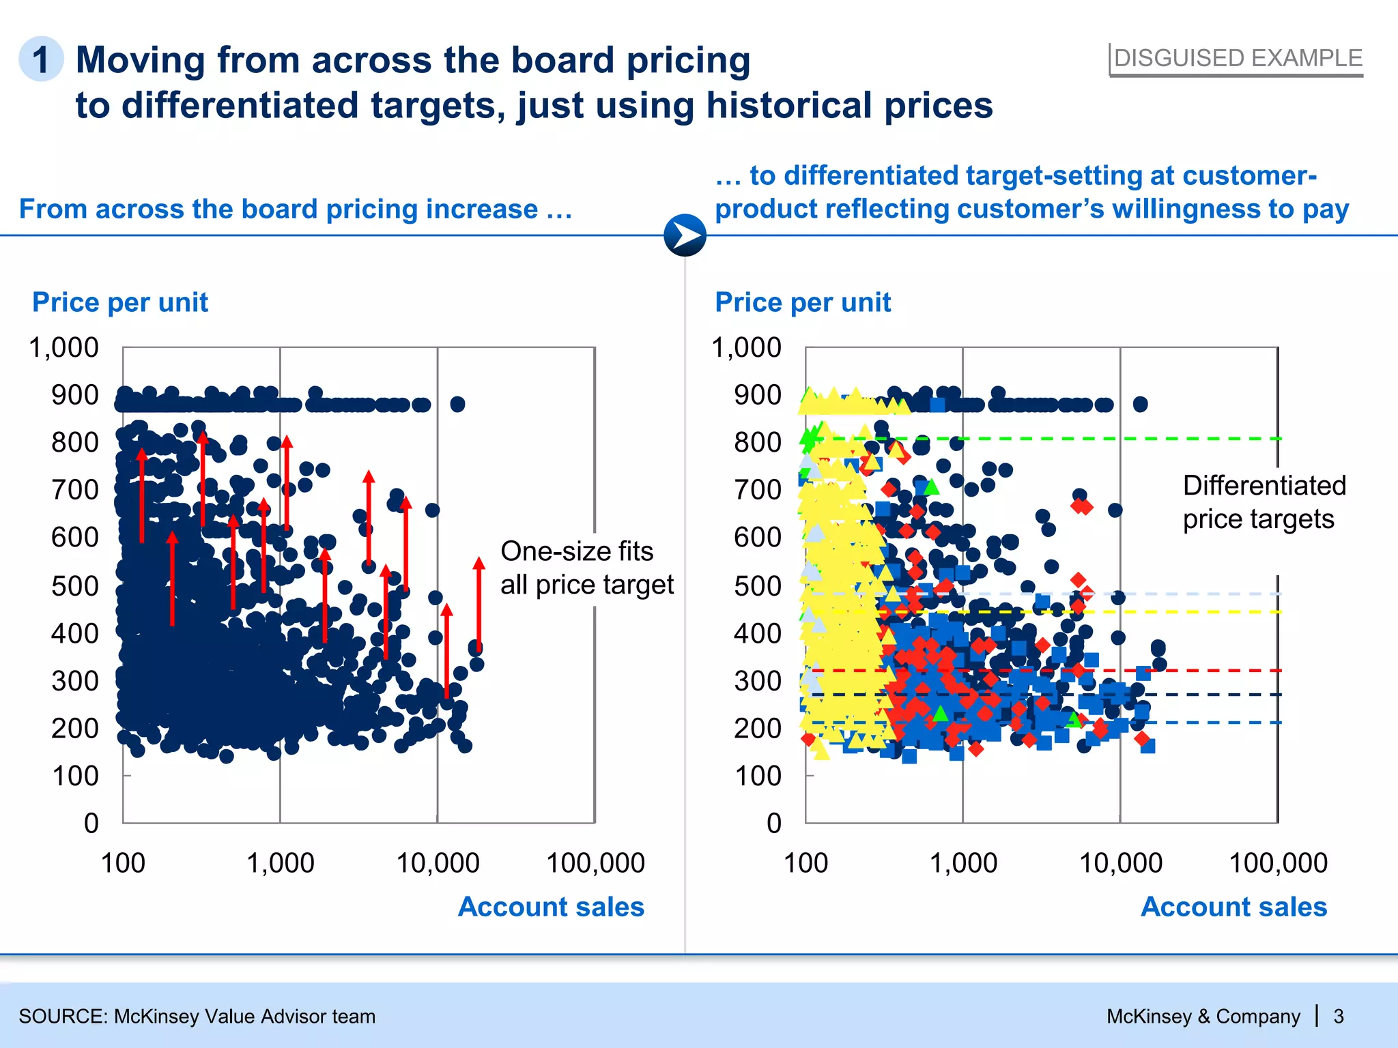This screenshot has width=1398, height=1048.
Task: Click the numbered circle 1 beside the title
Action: click(41, 59)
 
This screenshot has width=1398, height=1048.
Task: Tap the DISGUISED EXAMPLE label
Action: click(1238, 59)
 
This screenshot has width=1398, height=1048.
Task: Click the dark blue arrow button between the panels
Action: click(685, 235)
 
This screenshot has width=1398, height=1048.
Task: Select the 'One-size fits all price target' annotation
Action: click(586, 568)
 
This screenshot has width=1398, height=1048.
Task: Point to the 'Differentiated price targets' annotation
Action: click(1264, 502)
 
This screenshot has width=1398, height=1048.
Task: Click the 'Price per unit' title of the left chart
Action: click(120, 302)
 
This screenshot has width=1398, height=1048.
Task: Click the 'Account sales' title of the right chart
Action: click(1233, 907)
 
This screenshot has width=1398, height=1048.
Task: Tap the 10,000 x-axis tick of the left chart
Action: click(438, 863)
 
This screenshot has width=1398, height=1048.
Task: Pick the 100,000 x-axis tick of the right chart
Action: click(1278, 863)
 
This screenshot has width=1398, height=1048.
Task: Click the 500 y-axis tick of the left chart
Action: click(75, 585)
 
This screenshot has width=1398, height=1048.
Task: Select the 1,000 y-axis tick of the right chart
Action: click(747, 347)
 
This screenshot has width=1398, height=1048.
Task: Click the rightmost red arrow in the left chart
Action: click(479, 604)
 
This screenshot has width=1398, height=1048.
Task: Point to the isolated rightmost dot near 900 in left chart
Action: click(457, 404)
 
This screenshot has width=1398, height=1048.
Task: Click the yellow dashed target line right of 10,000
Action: click(1201, 612)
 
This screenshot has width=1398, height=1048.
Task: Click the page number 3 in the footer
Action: click(1339, 1017)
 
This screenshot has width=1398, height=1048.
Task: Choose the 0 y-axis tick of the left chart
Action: click(91, 823)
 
